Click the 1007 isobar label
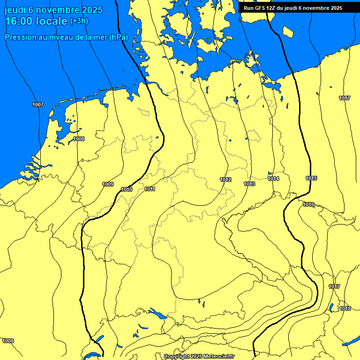point(38,105)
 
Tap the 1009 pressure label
point(108,184)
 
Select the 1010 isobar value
point(127,189)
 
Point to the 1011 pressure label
point(150,189)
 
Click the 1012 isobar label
point(225,180)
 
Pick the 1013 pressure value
point(249,184)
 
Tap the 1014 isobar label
point(274,179)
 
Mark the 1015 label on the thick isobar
point(311,178)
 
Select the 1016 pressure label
point(308,204)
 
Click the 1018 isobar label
point(345,308)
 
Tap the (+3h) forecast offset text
point(79,21)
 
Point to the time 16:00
point(18,21)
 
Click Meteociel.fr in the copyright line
point(217,357)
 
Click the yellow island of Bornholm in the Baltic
point(288,31)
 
